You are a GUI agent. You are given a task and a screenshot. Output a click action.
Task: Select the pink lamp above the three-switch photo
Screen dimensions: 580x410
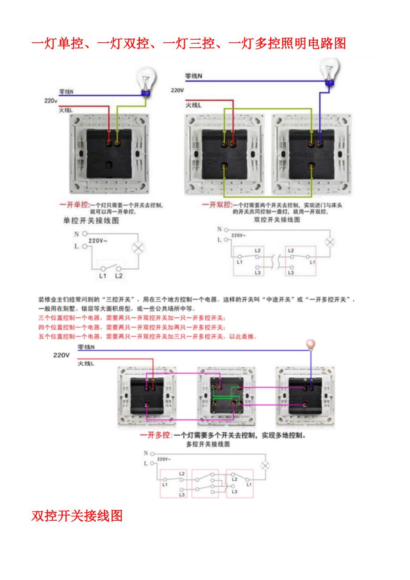point(310,344)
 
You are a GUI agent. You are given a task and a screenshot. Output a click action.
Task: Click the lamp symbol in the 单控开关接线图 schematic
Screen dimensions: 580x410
point(138,248)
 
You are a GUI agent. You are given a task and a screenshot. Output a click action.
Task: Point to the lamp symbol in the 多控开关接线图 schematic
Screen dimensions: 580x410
point(265,466)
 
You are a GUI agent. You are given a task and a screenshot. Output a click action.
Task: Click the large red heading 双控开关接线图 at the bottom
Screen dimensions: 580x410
point(77,516)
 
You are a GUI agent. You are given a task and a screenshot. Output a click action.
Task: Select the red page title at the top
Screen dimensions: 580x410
point(189,43)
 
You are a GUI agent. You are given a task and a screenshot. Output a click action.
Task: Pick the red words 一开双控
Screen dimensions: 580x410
point(217,204)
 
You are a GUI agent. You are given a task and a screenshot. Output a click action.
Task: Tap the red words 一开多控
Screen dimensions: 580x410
point(156,435)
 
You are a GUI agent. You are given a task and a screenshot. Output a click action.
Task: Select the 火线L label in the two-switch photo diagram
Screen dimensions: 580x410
point(193,105)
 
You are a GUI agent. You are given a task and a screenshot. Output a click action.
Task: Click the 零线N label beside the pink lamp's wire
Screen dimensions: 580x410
point(86,347)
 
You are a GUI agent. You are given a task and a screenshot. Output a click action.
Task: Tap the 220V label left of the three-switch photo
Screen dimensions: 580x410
point(61,355)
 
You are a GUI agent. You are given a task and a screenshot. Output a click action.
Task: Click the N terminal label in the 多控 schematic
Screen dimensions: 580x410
point(145,453)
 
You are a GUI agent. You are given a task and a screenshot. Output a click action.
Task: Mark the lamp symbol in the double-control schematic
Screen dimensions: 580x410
point(330,242)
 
